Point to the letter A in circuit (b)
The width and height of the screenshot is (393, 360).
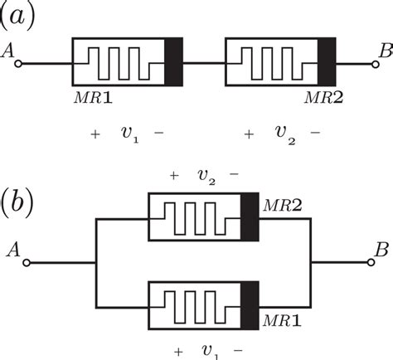(x=13, y=247)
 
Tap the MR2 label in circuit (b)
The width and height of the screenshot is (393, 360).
(x=280, y=204)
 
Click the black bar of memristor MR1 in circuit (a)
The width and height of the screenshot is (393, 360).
(x=174, y=62)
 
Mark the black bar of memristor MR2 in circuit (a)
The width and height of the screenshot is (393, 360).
(x=327, y=62)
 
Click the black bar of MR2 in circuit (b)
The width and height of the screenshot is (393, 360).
(x=249, y=217)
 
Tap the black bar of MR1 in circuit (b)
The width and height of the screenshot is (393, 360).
(x=249, y=305)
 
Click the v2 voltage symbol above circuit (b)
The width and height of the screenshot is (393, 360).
(x=205, y=175)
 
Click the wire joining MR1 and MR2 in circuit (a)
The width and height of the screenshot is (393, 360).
(x=204, y=62)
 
